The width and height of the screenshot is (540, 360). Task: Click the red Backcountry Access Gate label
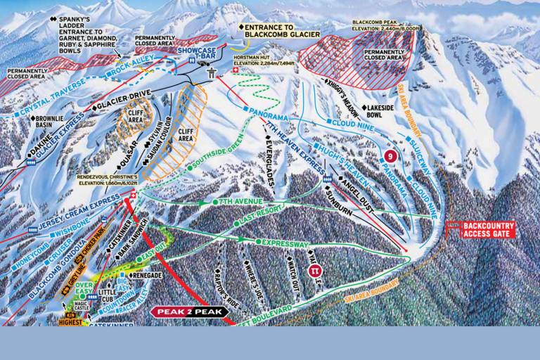click(x=488, y=229)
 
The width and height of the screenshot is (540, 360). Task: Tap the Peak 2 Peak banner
click(x=189, y=311)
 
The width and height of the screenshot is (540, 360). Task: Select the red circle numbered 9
click(x=392, y=155)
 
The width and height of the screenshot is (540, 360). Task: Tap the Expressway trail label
click(x=285, y=243)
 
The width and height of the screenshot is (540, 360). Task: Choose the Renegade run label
click(x=146, y=275)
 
